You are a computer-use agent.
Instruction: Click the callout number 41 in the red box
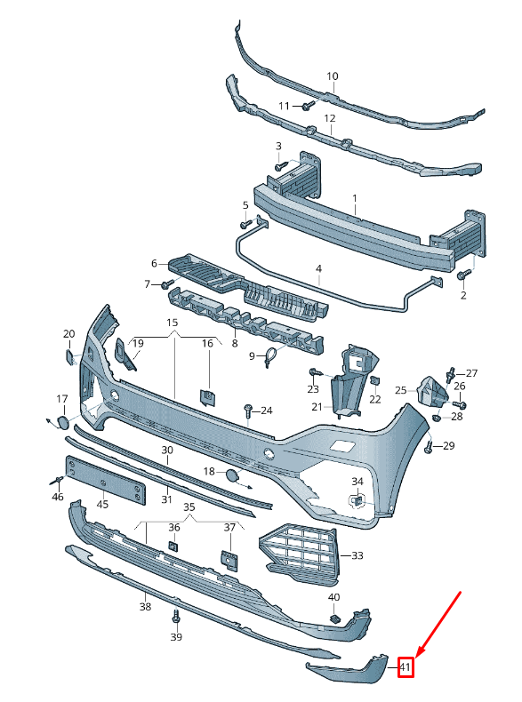(x=406, y=666)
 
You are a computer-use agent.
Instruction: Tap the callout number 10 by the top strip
(x=332, y=76)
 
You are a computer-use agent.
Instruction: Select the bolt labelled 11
(x=306, y=107)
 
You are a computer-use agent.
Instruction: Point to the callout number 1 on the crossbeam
(x=353, y=199)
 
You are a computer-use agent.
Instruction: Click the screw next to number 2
(x=462, y=275)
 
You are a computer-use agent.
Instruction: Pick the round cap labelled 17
(x=62, y=423)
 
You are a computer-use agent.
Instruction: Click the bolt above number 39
(x=176, y=615)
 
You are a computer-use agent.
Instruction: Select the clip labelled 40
(x=335, y=617)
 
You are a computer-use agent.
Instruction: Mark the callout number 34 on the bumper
(x=357, y=482)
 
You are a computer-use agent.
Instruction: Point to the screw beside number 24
(x=248, y=411)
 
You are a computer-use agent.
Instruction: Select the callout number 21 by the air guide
(x=317, y=407)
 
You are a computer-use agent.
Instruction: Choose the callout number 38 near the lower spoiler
(x=145, y=608)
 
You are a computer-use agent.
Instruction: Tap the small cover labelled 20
(x=68, y=356)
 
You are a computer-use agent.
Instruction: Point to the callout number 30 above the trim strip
(x=167, y=451)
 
